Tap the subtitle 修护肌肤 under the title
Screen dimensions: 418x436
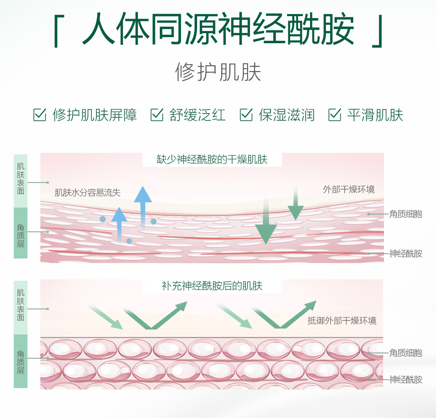click(218, 72)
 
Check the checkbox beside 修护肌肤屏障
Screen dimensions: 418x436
click(40, 115)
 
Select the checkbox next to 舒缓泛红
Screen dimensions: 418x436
click(157, 115)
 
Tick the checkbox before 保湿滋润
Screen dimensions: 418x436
click(246, 115)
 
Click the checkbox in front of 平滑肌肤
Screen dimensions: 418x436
click(335, 115)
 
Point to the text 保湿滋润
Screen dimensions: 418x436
click(286, 115)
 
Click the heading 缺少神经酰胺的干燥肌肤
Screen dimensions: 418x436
click(212, 159)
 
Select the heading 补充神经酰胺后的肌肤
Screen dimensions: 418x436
click(212, 286)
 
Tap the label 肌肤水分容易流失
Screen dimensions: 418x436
click(88, 193)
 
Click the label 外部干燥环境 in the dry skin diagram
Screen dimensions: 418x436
click(349, 189)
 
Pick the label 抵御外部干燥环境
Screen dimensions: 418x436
click(342, 321)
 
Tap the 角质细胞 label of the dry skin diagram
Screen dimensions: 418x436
click(406, 214)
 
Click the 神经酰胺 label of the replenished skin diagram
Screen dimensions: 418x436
click(406, 379)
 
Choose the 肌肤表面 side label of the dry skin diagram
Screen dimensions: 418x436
click(21, 179)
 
